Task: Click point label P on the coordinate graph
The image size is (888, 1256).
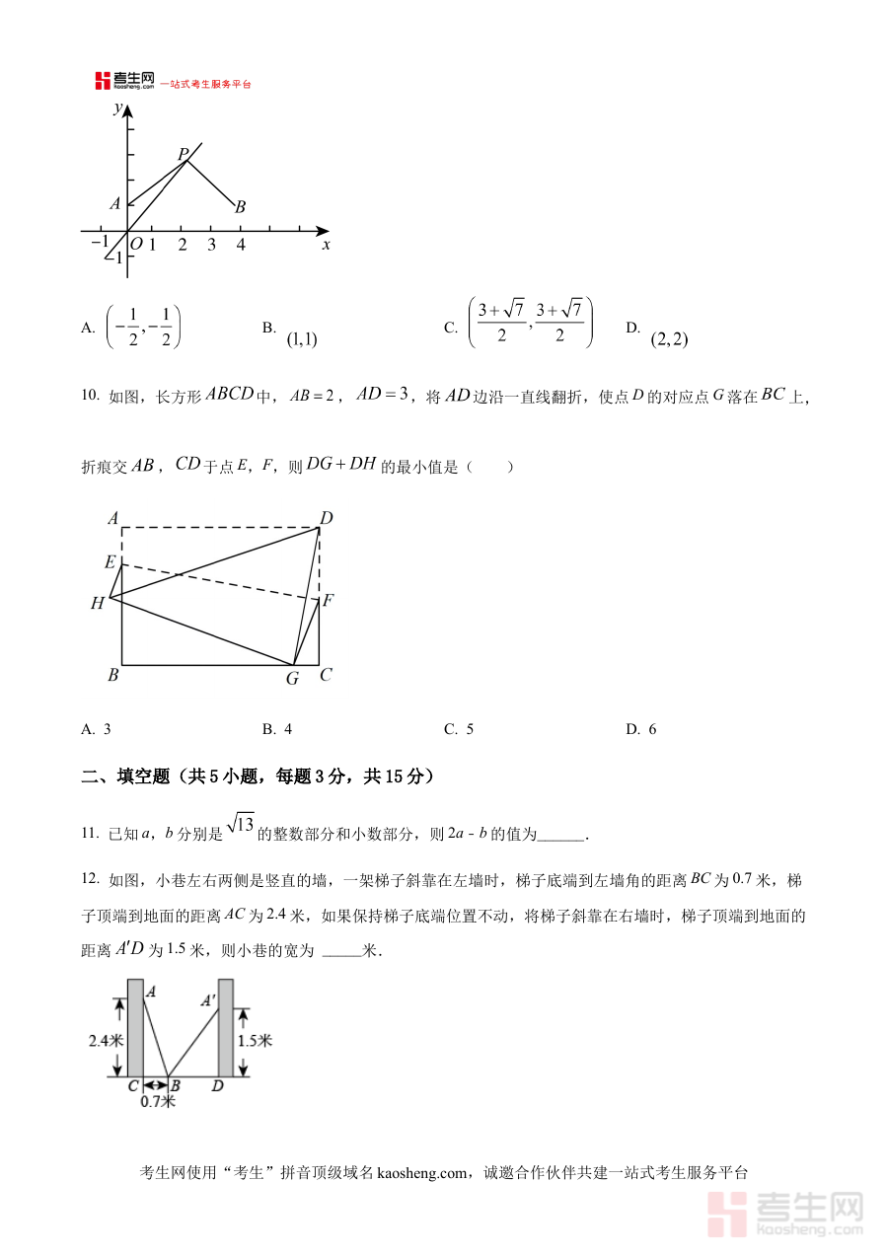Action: click(183, 154)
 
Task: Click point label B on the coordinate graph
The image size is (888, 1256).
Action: click(240, 207)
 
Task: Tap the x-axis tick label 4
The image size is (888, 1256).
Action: click(241, 245)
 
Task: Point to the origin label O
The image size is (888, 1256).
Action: click(136, 245)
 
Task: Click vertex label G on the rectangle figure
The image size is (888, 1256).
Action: click(292, 678)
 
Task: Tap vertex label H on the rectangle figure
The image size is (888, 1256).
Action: click(97, 603)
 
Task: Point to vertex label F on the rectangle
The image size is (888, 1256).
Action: click(328, 600)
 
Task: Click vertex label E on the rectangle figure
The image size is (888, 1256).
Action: click(111, 561)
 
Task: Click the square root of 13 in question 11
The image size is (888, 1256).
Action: click(240, 824)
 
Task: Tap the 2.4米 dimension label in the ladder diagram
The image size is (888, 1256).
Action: click(106, 1040)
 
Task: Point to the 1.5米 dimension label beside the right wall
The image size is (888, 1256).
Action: click(255, 1040)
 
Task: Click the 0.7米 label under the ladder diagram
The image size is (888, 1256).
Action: click(158, 1101)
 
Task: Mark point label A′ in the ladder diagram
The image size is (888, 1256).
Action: click(209, 1000)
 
